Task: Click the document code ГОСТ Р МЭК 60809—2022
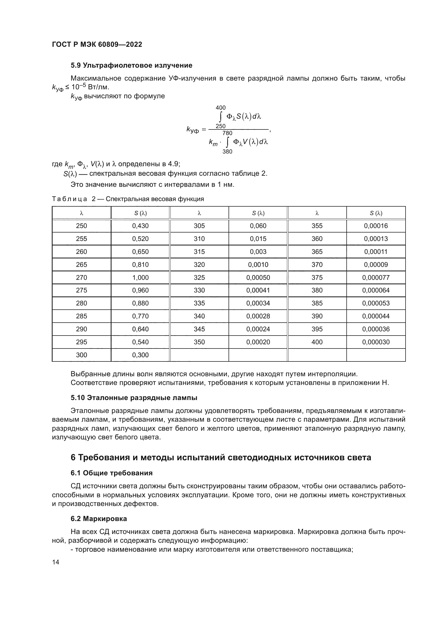pos(97,44)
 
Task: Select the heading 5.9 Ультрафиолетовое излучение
pos(131,66)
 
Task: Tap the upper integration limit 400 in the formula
pos(220,108)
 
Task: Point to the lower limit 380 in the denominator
pos(227,152)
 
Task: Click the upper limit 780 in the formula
pos(227,133)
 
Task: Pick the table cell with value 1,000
pos(140,277)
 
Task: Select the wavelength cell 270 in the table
pos(81,277)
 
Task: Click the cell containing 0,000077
pos(376,277)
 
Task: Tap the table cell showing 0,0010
pos(258,264)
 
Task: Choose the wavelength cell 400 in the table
pos(317,342)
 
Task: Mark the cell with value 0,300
pos(140,355)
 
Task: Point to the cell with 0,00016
pos(376,226)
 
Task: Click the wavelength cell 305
pos(199,226)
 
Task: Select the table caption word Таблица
pos(69,199)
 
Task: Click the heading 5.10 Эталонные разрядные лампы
pos(134,398)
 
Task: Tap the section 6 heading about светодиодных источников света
pos(221,458)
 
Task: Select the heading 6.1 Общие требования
pos(111,473)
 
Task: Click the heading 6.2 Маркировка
pos(99,519)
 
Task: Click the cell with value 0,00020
pos(258,342)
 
